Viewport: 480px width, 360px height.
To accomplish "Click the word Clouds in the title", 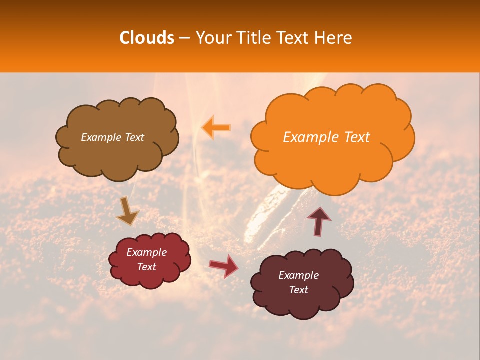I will pos(147,38).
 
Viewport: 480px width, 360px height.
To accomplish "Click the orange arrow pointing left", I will pos(216,128).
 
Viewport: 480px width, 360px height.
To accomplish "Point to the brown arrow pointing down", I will pos(127,211).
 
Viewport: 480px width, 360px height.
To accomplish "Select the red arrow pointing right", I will pos(223,265).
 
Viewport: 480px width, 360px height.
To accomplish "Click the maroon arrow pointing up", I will pos(319,220).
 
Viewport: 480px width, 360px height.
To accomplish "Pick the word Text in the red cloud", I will pos(146,267).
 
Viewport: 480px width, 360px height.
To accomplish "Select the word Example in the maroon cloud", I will pos(298,275).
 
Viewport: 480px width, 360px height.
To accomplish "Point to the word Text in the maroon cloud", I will pos(298,290).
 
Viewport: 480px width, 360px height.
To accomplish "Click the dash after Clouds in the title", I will pos(184,38).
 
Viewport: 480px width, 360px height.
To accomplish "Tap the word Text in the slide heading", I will pos(294,38).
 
